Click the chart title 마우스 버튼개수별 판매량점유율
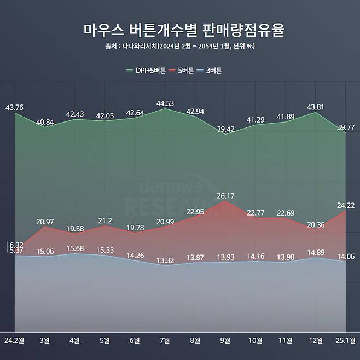click(179, 30)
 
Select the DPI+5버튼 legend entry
click(146, 70)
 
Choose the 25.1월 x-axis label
click(347, 340)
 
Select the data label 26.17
click(225, 195)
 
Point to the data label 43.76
click(14, 107)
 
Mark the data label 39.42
click(225, 129)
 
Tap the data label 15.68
click(75, 248)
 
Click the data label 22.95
click(195, 212)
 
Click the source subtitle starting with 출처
click(179, 46)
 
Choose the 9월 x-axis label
click(225, 340)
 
